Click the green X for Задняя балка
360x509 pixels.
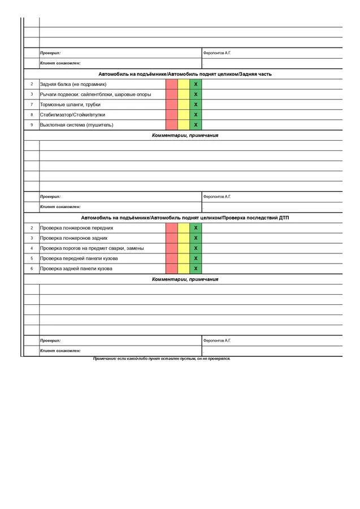[x=196, y=84]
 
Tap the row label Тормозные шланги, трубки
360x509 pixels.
[x=71, y=105]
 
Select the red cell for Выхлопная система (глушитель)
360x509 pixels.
[x=172, y=125]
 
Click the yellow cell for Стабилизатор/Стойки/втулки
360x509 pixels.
[x=184, y=115]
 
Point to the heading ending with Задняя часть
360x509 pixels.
[x=185, y=74]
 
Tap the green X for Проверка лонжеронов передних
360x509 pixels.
[x=196, y=228]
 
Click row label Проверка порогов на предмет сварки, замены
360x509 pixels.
[x=92, y=248]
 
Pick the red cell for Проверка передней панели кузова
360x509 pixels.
[x=172, y=258]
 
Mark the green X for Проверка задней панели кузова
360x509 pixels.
[x=196, y=269]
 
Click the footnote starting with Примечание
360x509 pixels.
[x=162, y=359]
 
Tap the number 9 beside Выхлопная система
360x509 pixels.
[x=32, y=125]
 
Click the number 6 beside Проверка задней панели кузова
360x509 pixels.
[x=32, y=269]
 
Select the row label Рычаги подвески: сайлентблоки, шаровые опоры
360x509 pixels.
[x=96, y=94]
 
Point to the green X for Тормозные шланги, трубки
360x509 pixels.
[x=196, y=105]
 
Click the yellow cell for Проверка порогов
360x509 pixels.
[x=184, y=248]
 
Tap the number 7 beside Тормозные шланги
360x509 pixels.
[x=32, y=105]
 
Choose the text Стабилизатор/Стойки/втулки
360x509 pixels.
[x=72, y=115]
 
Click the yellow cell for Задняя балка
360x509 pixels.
[x=184, y=84]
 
